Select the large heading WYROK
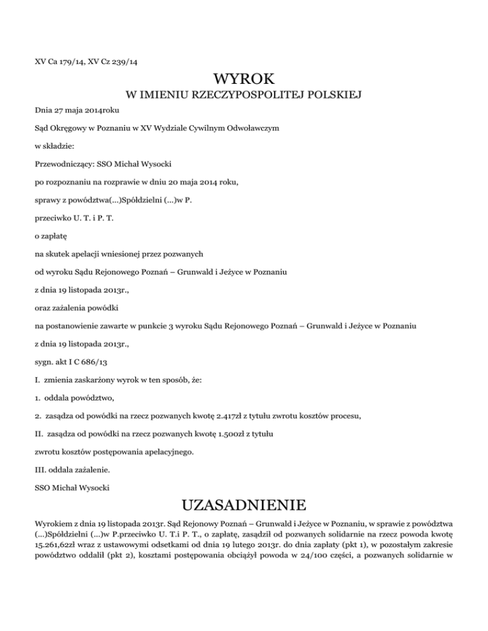click(244, 79)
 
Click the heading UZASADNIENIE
click(244, 506)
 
